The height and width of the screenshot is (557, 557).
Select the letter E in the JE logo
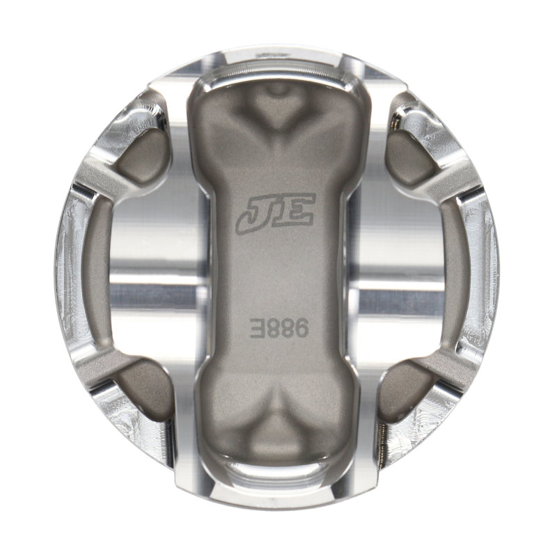click(x=296, y=212)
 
